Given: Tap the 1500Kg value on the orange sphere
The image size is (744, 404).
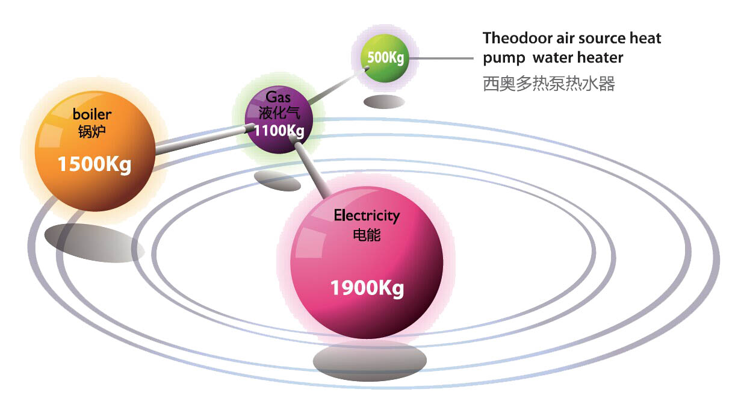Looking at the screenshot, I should (x=95, y=164).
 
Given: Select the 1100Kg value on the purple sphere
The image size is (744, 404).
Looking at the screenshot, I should (x=279, y=130).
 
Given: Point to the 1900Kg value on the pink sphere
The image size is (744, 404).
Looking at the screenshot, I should (x=367, y=288).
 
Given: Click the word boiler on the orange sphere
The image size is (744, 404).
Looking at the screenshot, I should (x=92, y=114).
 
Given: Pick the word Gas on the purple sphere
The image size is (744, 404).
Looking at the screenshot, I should (x=278, y=97).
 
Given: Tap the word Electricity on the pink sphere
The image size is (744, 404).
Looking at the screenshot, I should (x=367, y=215).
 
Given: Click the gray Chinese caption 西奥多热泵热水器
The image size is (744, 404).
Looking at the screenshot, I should (x=549, y=84).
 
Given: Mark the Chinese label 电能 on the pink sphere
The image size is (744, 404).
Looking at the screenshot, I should (x=367, y=234).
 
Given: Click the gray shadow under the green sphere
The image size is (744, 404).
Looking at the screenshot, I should (x=383, y=102).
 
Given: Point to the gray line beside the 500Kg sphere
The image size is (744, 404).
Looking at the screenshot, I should (x=442, y=58).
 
